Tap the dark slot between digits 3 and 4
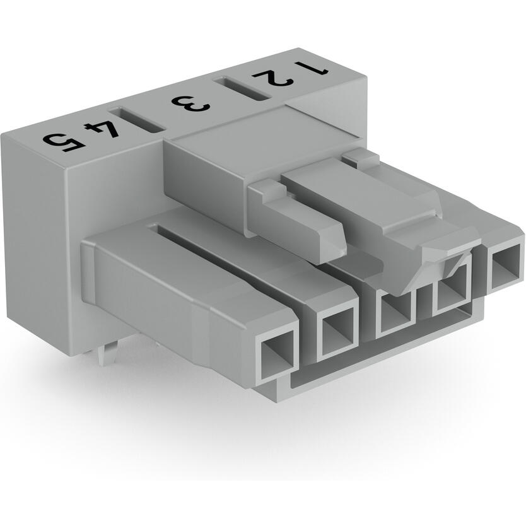[144, 119]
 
